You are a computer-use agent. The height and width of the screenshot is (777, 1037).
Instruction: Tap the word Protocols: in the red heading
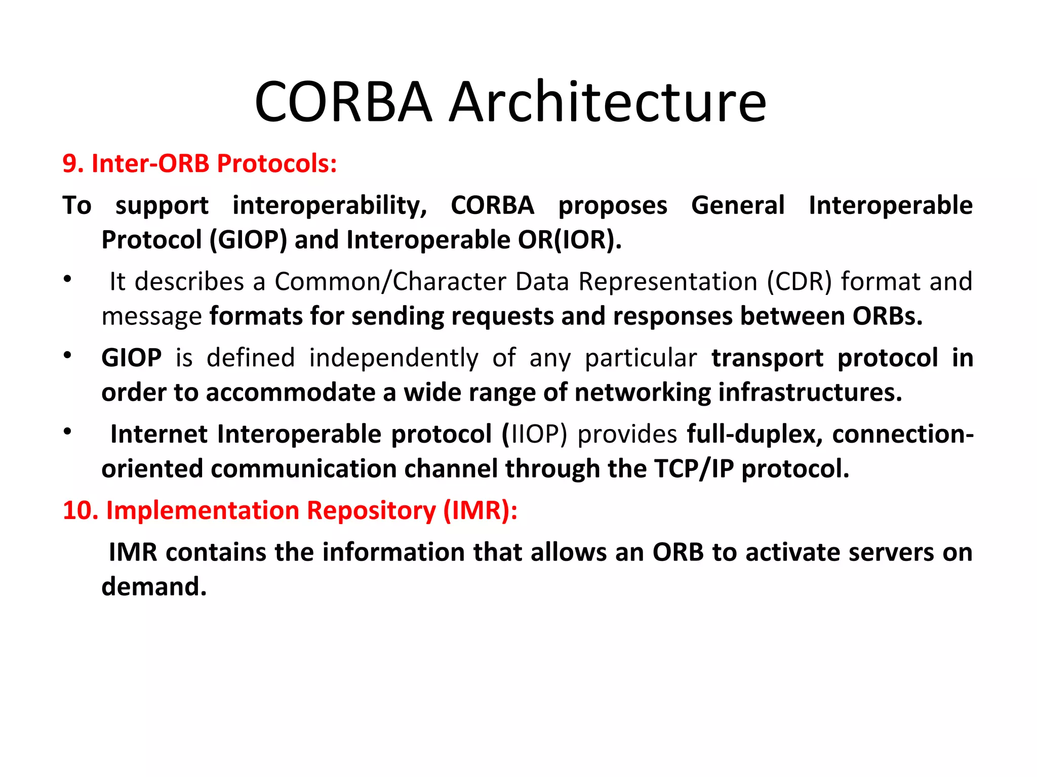(x=276, y=164)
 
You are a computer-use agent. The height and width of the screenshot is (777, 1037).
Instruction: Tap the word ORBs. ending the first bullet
(x=887, y=316)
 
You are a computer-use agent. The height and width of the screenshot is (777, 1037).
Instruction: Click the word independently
(x=393, y=358)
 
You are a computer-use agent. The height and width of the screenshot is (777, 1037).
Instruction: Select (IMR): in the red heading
(x=480, y=510)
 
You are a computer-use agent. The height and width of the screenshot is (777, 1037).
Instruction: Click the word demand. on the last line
(x=154, y=587)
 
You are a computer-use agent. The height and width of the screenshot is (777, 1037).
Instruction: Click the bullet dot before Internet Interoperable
(x=67, y=431)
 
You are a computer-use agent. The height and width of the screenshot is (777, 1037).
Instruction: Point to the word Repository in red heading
(x=371, y=510)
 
